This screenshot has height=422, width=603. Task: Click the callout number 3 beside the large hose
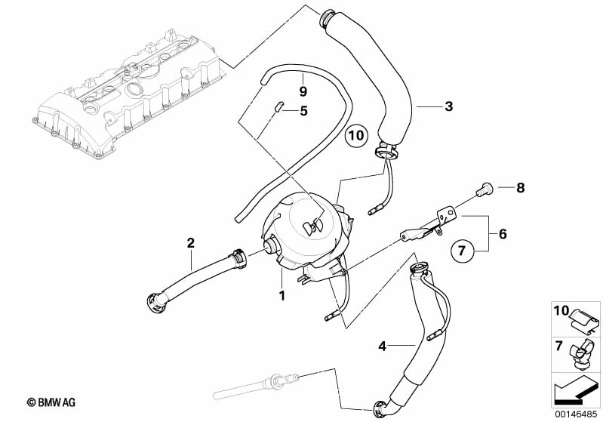448,106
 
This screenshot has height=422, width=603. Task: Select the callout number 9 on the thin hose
303,91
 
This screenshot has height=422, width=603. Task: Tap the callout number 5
304,111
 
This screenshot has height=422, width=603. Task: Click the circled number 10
356,135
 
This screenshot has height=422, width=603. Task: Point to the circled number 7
462,251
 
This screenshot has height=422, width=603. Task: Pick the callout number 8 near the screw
520,188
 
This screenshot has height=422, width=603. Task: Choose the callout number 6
503,234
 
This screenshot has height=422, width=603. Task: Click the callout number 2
191,243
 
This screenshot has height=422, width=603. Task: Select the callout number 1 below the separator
282,296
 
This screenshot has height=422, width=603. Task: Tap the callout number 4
382,347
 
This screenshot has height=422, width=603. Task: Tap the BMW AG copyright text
51,402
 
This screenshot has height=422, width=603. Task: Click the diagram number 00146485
577,414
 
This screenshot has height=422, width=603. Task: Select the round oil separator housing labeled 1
308,235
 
